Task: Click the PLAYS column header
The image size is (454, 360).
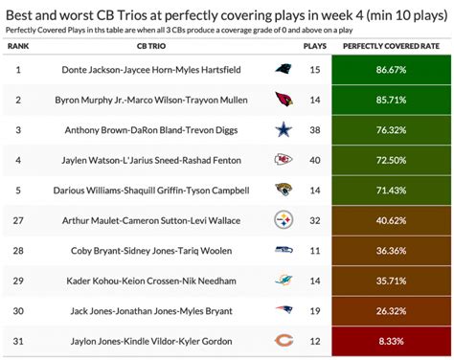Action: (314, 45)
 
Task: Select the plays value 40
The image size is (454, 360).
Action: (314, 160)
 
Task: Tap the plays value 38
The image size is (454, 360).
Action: (314, 130)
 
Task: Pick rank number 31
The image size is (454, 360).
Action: (18, 340)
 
